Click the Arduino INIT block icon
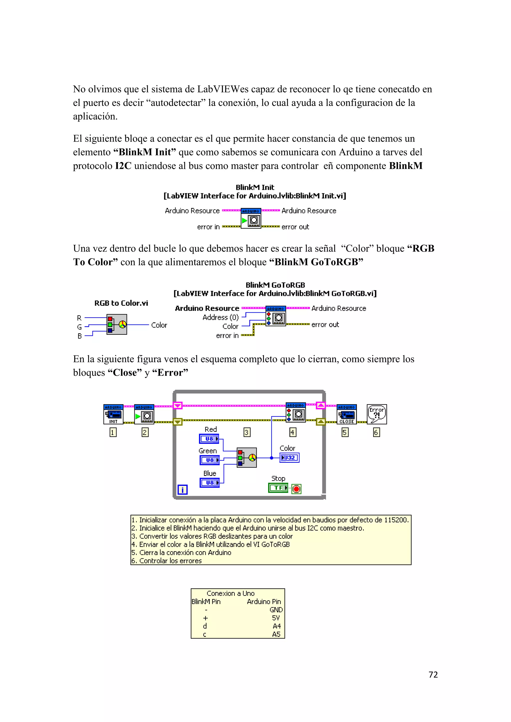pos(113,414)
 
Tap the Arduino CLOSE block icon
pos(346,414)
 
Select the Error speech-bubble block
pos(377,414)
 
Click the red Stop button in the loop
pos(296,489)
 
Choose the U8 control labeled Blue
pos(210,482)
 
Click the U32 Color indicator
pos(289,457)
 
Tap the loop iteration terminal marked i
pos(182,490)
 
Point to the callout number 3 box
pos(247,432)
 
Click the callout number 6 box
pos(376,432)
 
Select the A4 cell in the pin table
pos(276,626)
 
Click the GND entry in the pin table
pos(276,610)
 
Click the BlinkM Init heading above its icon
pos(255,187)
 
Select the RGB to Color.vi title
pos(121,303)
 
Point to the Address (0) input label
pos(221,317)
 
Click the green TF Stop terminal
pos(278,488)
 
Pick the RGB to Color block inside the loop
pos(247,457)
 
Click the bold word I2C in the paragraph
pos(123,166)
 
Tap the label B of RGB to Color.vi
pos(80,336)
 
